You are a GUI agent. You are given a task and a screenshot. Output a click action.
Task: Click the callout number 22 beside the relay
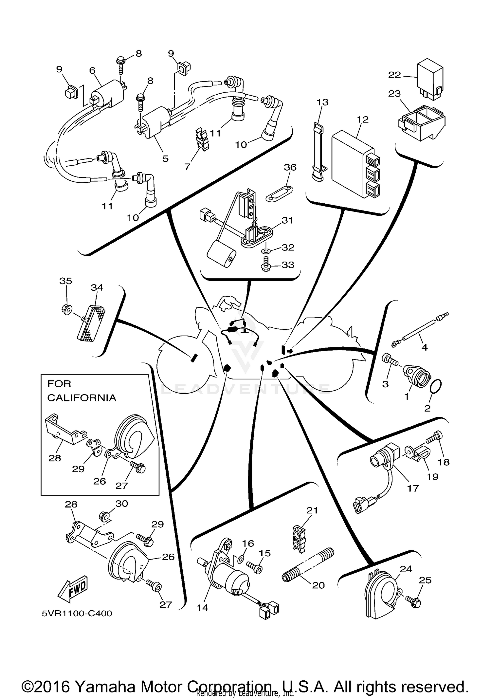(x=394, y=75)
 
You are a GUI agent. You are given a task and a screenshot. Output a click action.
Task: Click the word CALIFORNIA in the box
(x=82, y=398)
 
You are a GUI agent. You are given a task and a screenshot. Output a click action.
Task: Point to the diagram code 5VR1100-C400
(x=77, y=613)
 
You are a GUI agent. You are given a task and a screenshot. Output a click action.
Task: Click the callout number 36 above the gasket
(x=290, y=167)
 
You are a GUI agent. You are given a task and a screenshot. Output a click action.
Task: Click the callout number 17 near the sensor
(x=413, y=488)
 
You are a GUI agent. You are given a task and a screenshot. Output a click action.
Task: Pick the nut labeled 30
(x=104, y=517)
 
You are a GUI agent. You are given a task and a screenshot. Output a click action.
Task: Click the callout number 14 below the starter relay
(x=202, y=607)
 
